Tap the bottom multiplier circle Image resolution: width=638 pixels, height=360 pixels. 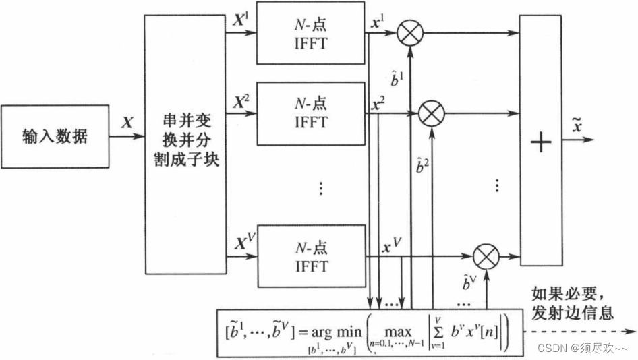[484, 257]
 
